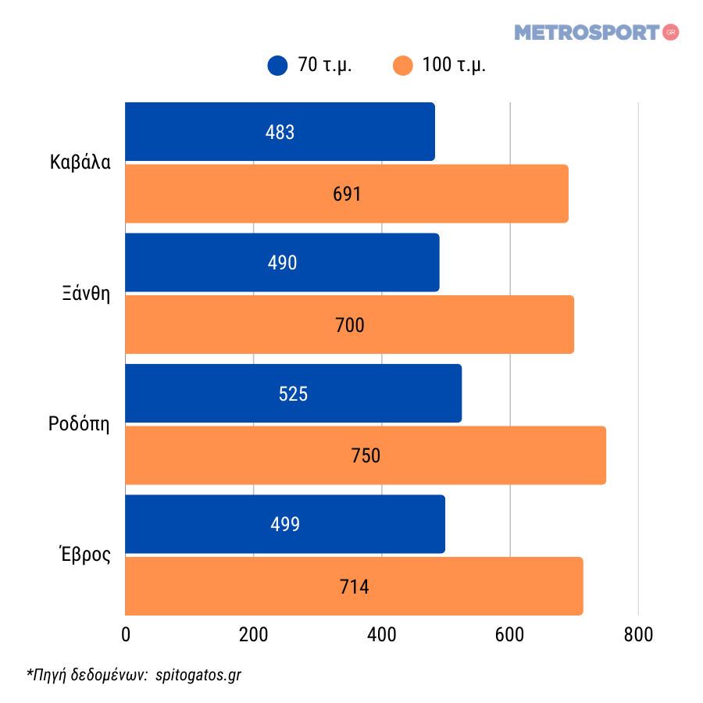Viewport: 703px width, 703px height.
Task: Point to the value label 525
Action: [x=293, y=394]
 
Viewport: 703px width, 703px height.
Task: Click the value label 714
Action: [x=354, y=587]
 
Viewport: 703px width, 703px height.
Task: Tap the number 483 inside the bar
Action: [x=280, y=132]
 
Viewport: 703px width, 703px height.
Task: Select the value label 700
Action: [x=349, y=325]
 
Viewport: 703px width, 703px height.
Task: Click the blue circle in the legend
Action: [x=277, y=66]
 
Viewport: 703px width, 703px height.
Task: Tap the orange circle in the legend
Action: [x=402, y=66]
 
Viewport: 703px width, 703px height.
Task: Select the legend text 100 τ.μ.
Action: [x=454, y=66]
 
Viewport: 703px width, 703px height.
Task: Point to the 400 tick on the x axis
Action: [x=382, y=635]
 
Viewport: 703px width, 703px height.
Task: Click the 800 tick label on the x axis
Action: [x=638, y=635]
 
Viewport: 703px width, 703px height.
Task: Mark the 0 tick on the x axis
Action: [x=126, y=635]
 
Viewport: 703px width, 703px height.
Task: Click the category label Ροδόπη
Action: [x=79, y=425]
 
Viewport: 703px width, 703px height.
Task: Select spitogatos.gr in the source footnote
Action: [x=198, y=674]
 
